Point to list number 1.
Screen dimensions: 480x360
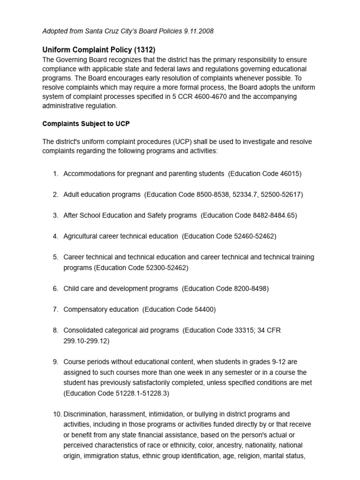55,173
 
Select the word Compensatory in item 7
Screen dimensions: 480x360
85,309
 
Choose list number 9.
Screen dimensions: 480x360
55,362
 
